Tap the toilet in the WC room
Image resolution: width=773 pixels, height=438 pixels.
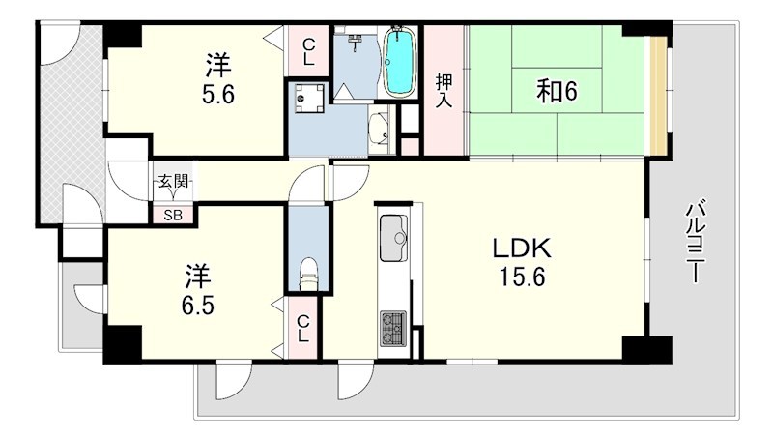pos(308,273)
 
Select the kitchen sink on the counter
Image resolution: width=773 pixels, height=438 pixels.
pos(393,238)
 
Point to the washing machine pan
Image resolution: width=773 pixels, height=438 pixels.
pos(309,98)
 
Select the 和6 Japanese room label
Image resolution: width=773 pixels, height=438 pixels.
pos(557,93)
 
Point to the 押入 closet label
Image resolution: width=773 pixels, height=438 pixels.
pos(444,90)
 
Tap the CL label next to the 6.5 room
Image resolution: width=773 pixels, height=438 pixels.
pos(303,330)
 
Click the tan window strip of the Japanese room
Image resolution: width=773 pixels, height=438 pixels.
pos(658,94)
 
